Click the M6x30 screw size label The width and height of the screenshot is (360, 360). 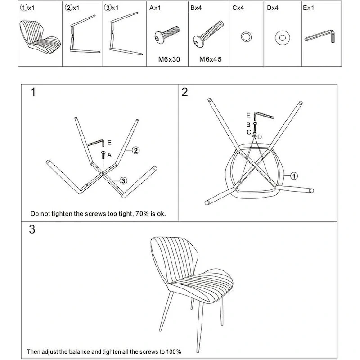coord(169,58)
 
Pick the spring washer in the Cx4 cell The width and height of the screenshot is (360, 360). coord(246,36)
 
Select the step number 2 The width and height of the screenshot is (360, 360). coord(184,93)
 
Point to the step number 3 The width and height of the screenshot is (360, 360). coord(32,229)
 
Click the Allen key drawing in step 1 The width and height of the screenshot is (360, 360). coord(96,142)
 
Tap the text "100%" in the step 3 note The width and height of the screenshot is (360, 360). coord(174,351)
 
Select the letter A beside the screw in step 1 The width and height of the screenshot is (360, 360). coord(109,155)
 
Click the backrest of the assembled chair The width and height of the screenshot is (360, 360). coord(171,261)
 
